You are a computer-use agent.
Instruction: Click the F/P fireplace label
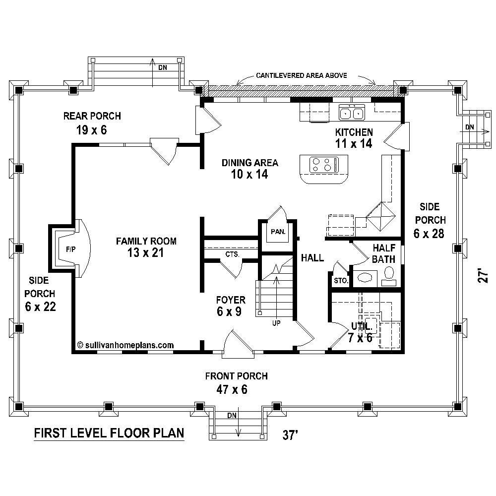(70, 249)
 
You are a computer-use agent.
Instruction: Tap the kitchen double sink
(352, 112)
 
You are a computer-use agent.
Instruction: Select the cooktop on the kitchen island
(324, 165)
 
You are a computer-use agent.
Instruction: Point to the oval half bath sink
(365, 278)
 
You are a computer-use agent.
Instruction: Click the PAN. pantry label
(278, 232)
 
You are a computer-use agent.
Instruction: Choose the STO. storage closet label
(341, 281)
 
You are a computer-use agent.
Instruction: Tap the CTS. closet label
(233, 254)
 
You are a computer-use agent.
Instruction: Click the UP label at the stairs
(276, 323)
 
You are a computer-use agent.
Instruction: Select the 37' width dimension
(290, 435)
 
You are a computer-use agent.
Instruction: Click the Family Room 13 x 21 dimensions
(145, 253)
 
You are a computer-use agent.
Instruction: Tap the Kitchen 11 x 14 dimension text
(354, 144)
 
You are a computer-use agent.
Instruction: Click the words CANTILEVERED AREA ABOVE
(302, 75)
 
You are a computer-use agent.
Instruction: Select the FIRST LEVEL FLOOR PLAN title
(109, 433)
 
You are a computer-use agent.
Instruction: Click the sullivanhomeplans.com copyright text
(125, 345)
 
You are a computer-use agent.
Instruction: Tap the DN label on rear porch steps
(163, 67)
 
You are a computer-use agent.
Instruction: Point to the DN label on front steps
(232, 415)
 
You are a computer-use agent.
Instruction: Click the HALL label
(312, 258)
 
